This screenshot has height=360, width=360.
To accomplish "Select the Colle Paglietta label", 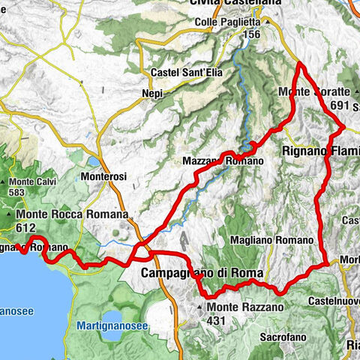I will pyautogui.click(x=226, y=22).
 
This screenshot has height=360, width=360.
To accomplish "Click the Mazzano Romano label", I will pyautogui.click(x=223, y=161).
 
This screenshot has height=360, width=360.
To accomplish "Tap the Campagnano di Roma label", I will pyautogui.click(x=191, y=274).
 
